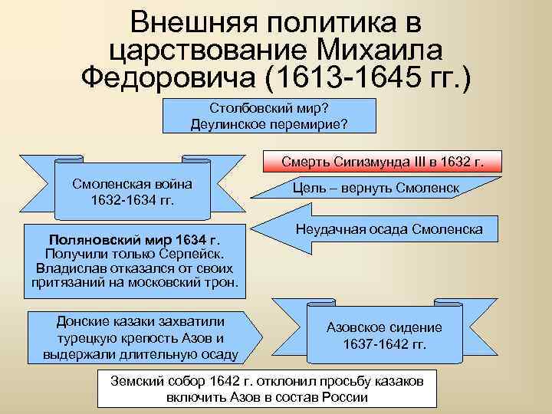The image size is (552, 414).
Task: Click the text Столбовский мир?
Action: (268, 107)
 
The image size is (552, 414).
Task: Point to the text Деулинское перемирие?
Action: (268, 123)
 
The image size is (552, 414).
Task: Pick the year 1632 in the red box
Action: (459, 163)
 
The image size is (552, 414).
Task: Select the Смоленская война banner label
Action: (131, 185)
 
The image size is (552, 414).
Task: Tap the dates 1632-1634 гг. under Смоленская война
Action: (131, 200)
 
